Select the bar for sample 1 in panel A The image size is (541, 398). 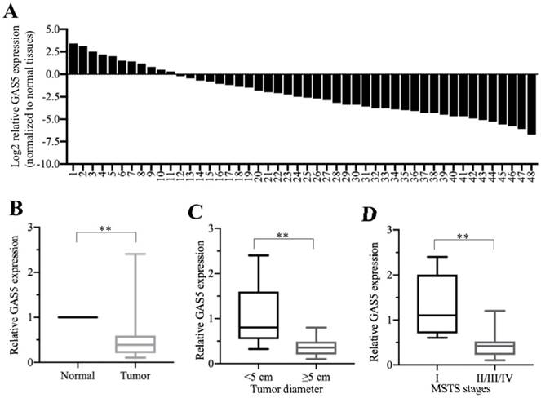[x=73, y=59]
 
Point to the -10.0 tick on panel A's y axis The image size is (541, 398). [x=50, y=164]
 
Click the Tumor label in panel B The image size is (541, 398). [x=135, y=376]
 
